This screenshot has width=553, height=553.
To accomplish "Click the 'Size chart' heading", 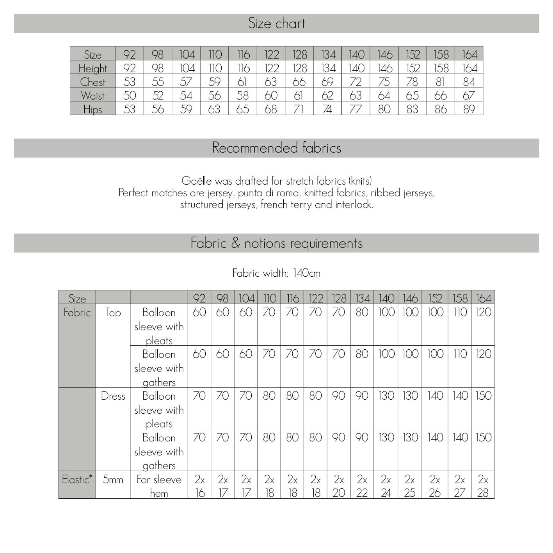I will pos(276,23).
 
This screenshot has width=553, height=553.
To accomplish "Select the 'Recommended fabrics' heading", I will pos(276,148).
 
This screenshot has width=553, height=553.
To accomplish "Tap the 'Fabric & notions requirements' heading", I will pos(276,243).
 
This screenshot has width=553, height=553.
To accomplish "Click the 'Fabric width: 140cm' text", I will pos(276,273).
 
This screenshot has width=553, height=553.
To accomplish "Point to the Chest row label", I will pos(92,82).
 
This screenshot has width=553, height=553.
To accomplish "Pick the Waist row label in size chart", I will pos(92,96).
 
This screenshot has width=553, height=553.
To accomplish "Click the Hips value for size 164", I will pos(469,109).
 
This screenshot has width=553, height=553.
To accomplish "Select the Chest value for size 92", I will pos(130,82).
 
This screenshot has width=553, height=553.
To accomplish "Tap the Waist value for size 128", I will pos(299,96).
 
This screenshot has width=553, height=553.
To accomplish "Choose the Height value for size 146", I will pos(384,68).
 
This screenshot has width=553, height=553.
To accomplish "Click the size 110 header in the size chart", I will pos(215,54).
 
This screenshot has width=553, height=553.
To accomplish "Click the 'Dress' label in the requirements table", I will pos(113,396).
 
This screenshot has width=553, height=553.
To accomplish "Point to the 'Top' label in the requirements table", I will pos(113,312).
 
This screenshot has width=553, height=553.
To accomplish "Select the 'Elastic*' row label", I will pos(77,479).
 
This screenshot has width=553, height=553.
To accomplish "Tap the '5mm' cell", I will pos(113,479).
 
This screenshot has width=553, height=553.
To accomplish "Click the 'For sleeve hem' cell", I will pos(159,486).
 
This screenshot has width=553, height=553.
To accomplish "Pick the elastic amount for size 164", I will pos(483,486).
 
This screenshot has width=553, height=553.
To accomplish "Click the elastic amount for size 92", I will pos(199,486).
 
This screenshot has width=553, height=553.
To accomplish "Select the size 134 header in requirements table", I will pos(362,299).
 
